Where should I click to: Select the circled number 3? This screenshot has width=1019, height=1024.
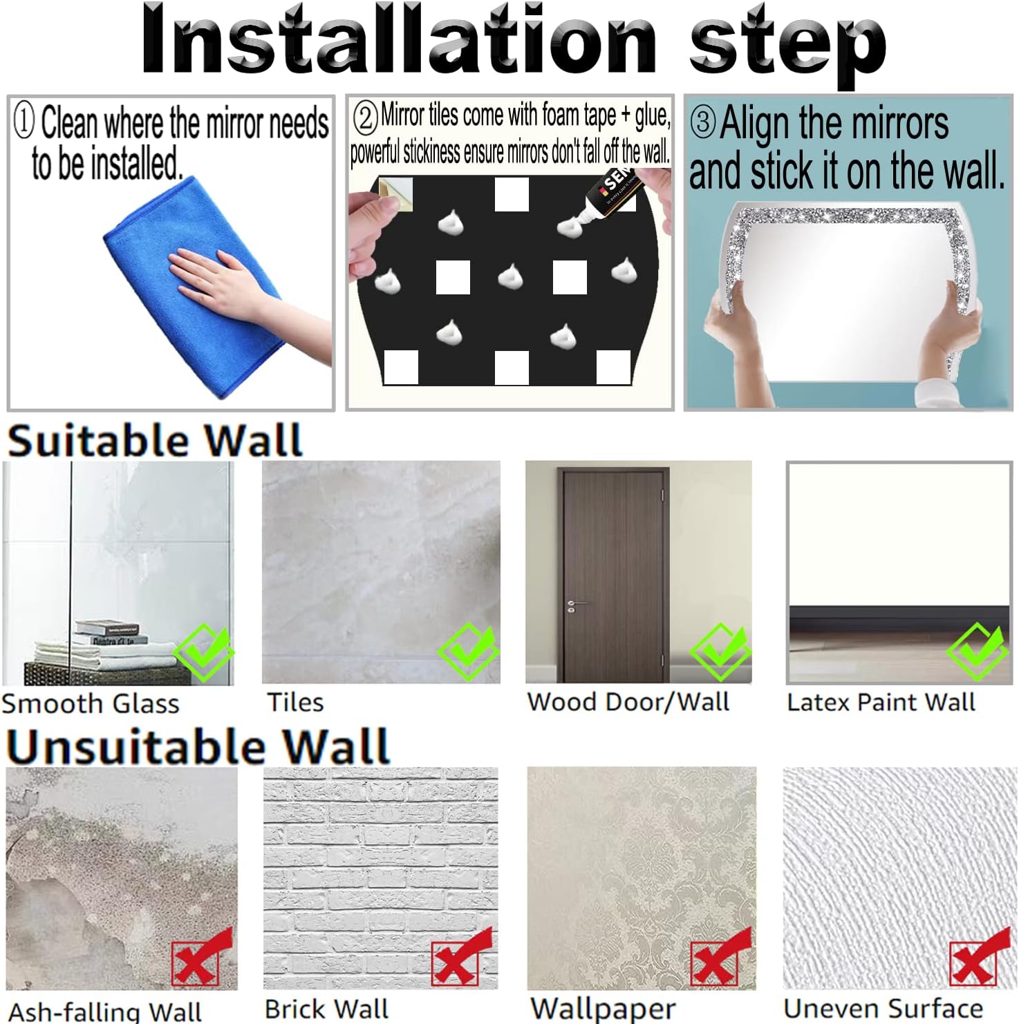coord(703,122)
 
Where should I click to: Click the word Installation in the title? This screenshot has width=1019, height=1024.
coord(398,39)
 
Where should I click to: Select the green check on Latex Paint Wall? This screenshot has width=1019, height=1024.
coord(977,651)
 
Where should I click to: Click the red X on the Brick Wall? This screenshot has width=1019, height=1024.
coord(460,959)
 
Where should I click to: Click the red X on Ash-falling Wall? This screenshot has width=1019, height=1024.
coord(201,959)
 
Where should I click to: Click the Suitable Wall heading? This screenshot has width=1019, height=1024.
coord(155,440)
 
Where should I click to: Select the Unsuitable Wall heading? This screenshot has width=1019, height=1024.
coord(198,746)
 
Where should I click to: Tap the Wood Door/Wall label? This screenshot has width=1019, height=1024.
coord(628,702)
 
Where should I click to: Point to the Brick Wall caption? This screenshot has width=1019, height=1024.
coord(326,1009)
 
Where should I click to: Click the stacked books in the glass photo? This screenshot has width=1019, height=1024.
coord(109,632)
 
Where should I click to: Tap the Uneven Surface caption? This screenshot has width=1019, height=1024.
coord(883,1009)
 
